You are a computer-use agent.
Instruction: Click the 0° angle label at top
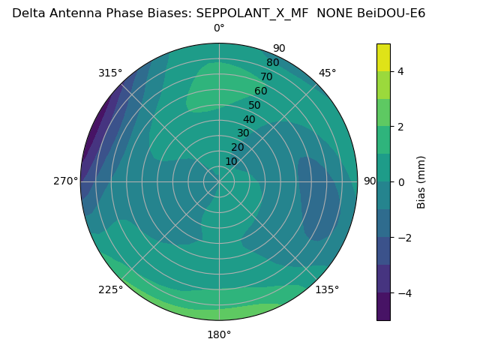pos(219,28)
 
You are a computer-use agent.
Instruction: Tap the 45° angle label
pos(327,73)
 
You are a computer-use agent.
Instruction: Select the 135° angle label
pos(327,289)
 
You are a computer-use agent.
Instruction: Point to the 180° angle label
pos(219,334)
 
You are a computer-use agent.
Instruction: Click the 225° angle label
pos(110,289)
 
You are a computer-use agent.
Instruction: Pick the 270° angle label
pos(65,181)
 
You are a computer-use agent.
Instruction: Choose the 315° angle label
pos(110,73)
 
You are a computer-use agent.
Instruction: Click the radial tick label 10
pos(231,161)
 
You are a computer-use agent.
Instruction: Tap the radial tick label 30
pos(243,133)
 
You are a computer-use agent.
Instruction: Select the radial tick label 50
pos(254,105)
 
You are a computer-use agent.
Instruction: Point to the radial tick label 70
pos(266,76)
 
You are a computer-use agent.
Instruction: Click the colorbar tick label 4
pos(401,71)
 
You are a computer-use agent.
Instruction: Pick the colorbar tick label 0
pos(401,182)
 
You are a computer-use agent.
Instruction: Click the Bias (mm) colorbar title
pos(421,181)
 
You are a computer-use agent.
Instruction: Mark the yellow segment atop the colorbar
pos(383,57)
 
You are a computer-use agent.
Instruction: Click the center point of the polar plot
pos(219,181)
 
